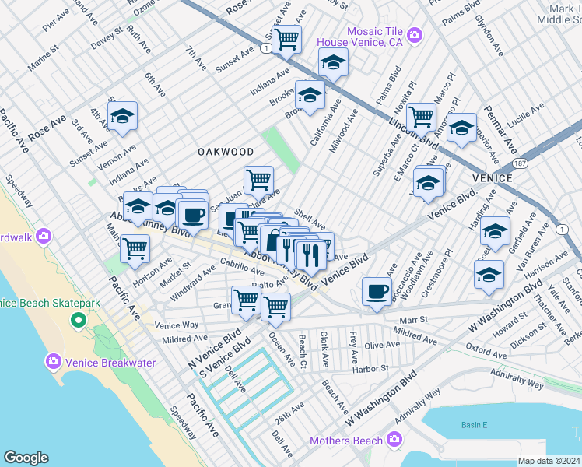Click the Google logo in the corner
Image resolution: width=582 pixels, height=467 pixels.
coord(26,458)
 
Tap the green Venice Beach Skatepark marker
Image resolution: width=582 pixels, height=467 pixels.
coord(78,320)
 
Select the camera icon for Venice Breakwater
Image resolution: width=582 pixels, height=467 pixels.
coord(54,361)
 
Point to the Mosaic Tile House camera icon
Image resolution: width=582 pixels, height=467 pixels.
coord(415,35)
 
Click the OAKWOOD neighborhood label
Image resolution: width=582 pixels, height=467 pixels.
coord(226,151)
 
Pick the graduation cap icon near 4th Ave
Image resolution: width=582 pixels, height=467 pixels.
coord(122,117)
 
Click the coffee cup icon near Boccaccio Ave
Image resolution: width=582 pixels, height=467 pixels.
coord(377,292)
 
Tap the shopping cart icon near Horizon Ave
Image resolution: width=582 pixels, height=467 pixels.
coord(135,249)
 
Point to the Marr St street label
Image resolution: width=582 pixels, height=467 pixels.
coord(413,319)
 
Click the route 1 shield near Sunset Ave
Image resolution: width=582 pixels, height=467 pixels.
coord(267,48)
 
